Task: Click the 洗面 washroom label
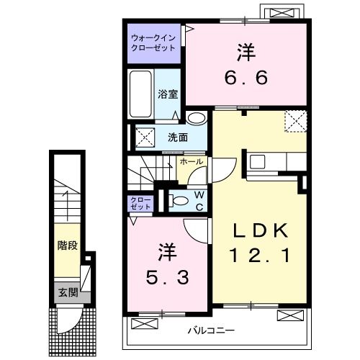[x=179, y=137]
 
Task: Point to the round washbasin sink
[x=195, y=120]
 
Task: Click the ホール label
[x=190, y=163]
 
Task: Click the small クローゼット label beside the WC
[x=140, y=202]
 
